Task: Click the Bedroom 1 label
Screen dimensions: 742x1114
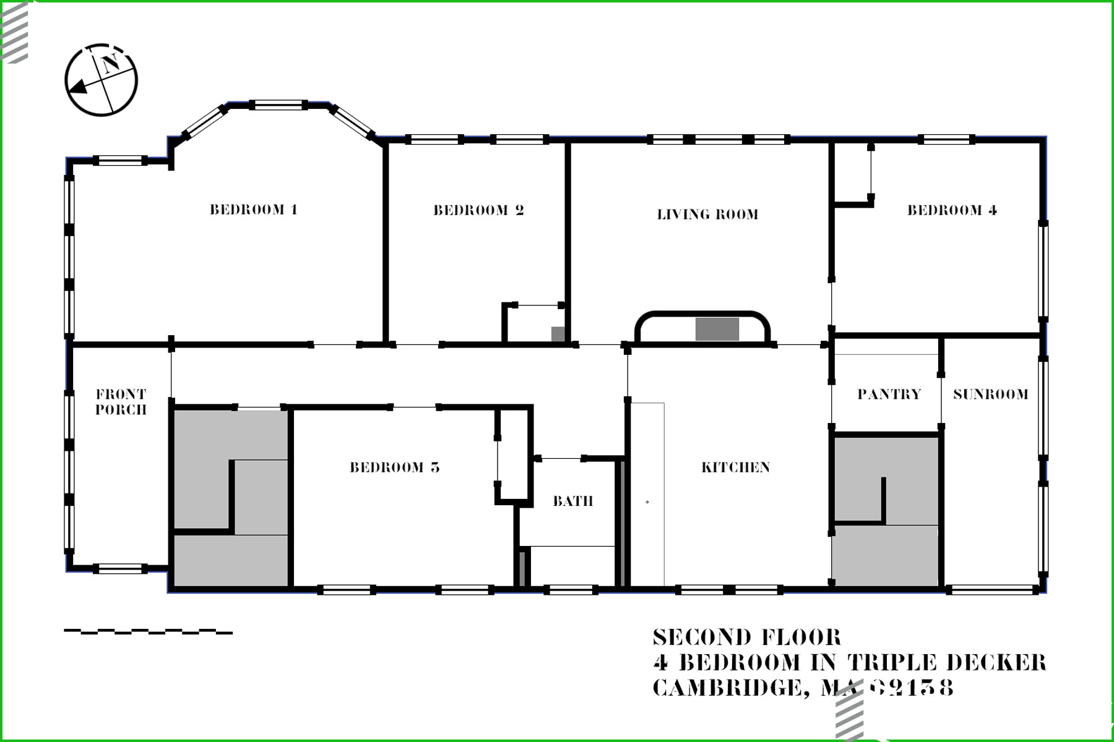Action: [254, 210]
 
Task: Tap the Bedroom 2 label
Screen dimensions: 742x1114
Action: [478, 210]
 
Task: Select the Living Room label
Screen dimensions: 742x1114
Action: [707, 215]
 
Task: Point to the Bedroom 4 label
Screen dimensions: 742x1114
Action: [952, 210]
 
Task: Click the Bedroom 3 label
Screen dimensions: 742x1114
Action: [395, 467]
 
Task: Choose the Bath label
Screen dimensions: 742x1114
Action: [572, 501]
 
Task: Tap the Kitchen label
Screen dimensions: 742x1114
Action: [735, 467]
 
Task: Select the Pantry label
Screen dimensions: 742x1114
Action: [889, 394]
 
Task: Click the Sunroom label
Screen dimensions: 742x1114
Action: [990, 394]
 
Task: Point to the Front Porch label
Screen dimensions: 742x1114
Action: [121, 402]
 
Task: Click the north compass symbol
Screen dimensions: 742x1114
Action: [101, 80]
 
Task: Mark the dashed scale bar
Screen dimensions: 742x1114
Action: [149, 632]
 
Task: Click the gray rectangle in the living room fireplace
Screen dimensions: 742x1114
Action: [717, 329]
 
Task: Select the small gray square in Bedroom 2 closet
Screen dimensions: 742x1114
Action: [558, 333]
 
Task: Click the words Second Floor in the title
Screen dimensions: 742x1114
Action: [747, 638]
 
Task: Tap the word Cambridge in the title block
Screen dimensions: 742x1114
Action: [727, 688]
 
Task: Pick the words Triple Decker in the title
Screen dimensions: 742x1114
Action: [947, 662]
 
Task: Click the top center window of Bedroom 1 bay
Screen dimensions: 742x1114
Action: [278, 105]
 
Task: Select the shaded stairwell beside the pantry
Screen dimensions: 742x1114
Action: [886, 511]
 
